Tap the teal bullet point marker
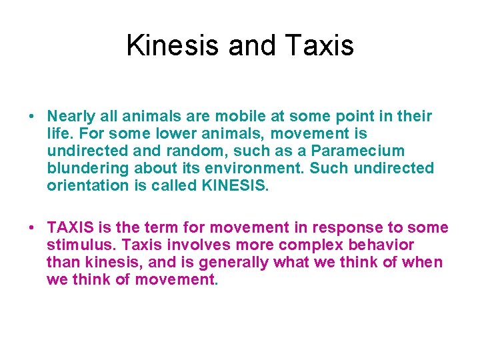click(x=31, y=117)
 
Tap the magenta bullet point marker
click(x=31, y=228)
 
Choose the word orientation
click(x=86, y=186)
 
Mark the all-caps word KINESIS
click(x=233, y=186)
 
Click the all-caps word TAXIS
click(x=68, y=228)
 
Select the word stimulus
click(x=77, y=245)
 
